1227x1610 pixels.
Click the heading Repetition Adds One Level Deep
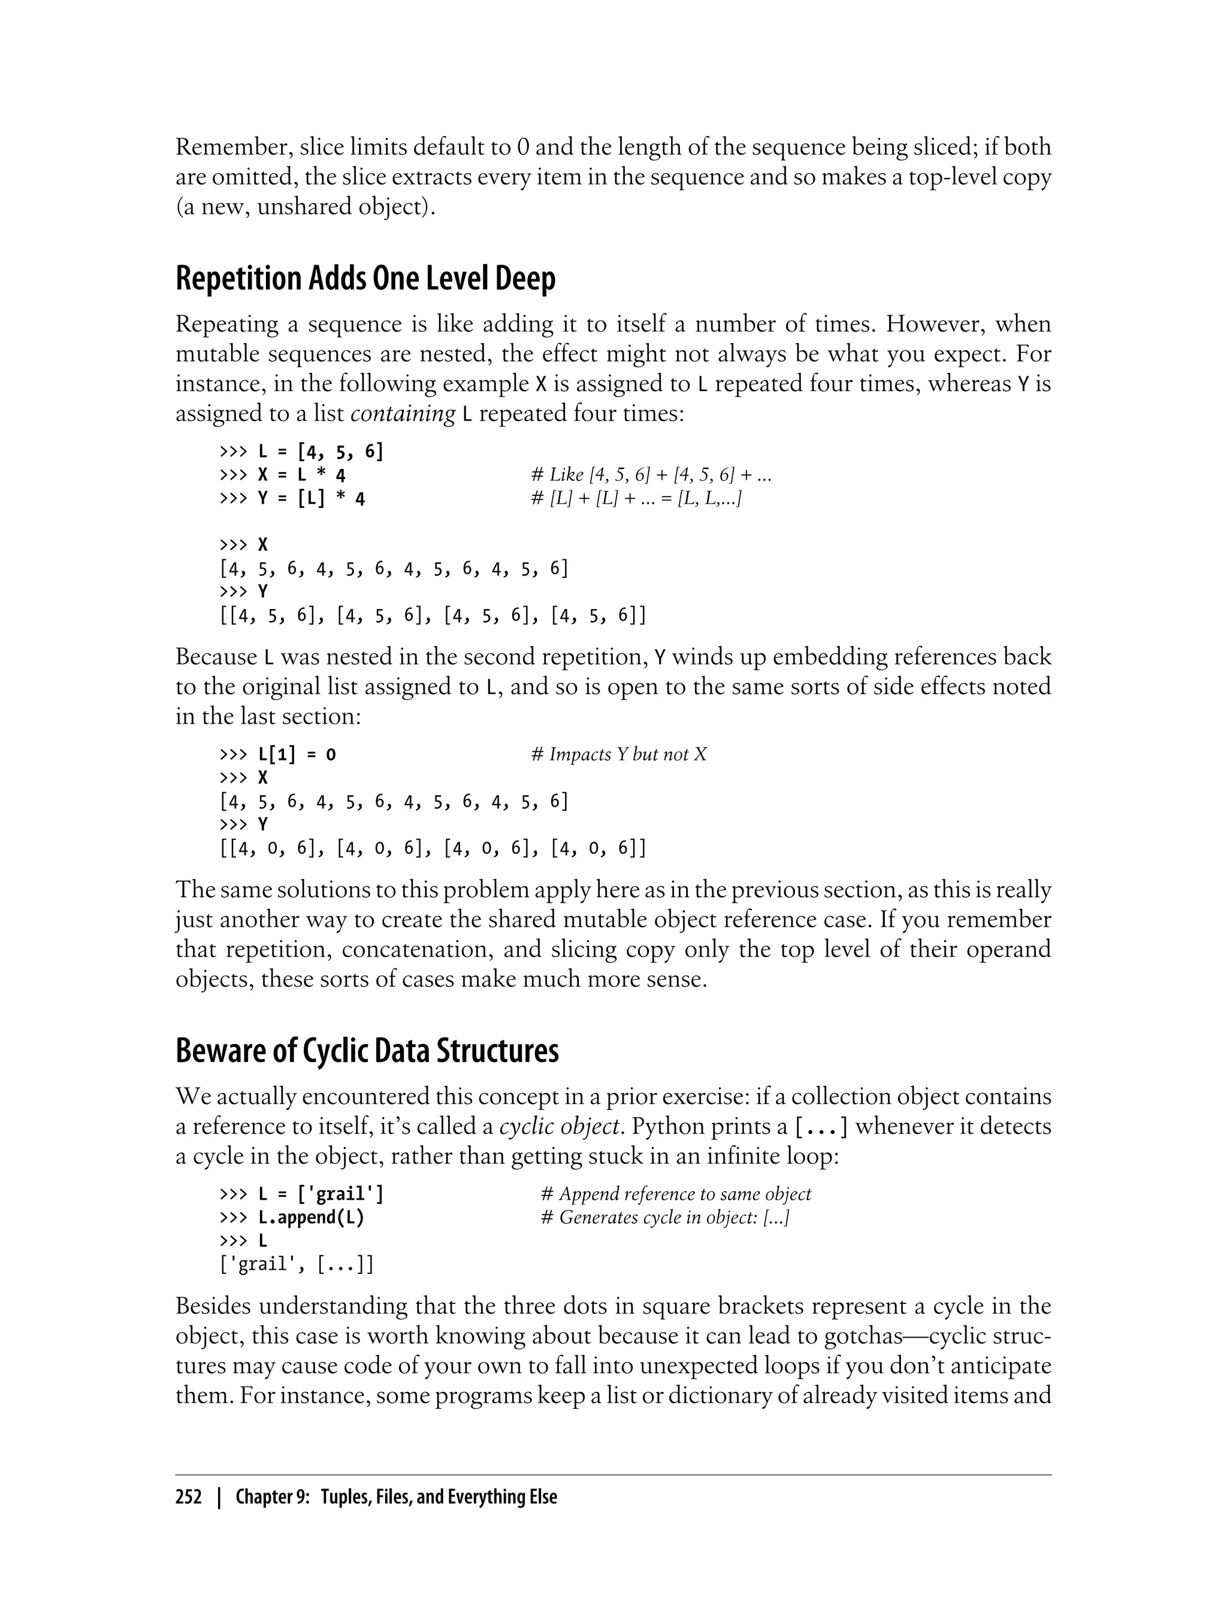click(x=365, y=279)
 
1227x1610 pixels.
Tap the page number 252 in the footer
click(x=189, y=1497)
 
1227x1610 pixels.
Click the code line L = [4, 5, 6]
click(x=301, y=452)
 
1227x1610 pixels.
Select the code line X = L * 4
click(x=282, y=476)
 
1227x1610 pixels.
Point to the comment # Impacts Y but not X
click(x=619, y=754)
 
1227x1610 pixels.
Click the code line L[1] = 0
click(x=277, y=754)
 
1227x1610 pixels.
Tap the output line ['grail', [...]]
click(x=297, y=1264)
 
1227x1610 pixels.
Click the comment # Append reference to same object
click(x=676, y=1194)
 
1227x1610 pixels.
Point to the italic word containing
click(x=403, y=414)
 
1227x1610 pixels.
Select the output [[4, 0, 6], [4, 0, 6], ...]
click(x=433, y=848)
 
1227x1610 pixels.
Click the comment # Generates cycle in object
click(x=664, y=1217)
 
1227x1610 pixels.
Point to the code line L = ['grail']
click(x=301, y=1194)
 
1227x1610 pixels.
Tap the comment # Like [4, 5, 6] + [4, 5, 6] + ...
click(x=651, y=476)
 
